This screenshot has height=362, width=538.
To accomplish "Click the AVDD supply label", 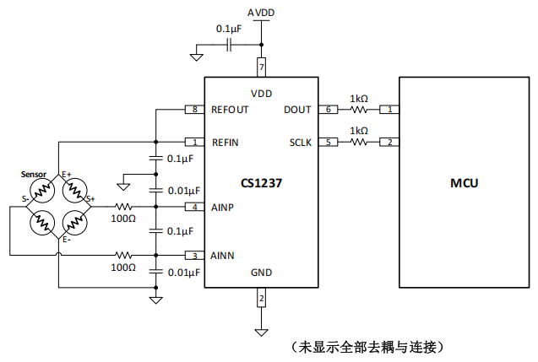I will point(261,14).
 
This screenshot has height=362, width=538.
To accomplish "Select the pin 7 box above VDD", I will point(261,66).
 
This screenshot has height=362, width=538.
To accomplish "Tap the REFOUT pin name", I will point(231,110).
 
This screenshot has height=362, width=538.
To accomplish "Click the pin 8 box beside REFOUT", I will point(194,110).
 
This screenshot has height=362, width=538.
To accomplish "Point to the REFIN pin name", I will point(225,142).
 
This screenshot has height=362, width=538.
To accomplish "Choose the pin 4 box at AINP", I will point(194,207).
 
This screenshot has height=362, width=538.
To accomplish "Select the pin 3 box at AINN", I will point(194,255).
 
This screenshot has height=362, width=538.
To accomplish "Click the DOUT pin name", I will point(297,110).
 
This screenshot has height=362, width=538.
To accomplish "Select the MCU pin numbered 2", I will point(389,142).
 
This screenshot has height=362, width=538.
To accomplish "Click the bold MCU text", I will point(464,183).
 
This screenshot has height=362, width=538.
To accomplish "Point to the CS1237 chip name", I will point(261,183).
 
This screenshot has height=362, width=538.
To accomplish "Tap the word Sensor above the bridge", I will point(34,174).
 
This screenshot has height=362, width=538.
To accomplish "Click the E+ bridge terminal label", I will point(67,174).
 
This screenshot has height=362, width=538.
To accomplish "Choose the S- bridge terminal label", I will point(26,199).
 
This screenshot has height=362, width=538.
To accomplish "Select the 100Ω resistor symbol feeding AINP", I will point(124,207).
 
